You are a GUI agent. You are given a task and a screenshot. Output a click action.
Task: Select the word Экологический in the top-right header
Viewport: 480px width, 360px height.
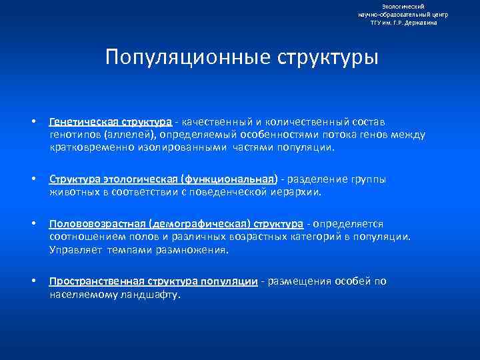tap(403, 6)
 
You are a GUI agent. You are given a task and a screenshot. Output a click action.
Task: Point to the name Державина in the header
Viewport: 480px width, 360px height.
tap(419, 23)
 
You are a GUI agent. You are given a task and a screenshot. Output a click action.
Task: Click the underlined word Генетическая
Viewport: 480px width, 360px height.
tap(81, 122)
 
